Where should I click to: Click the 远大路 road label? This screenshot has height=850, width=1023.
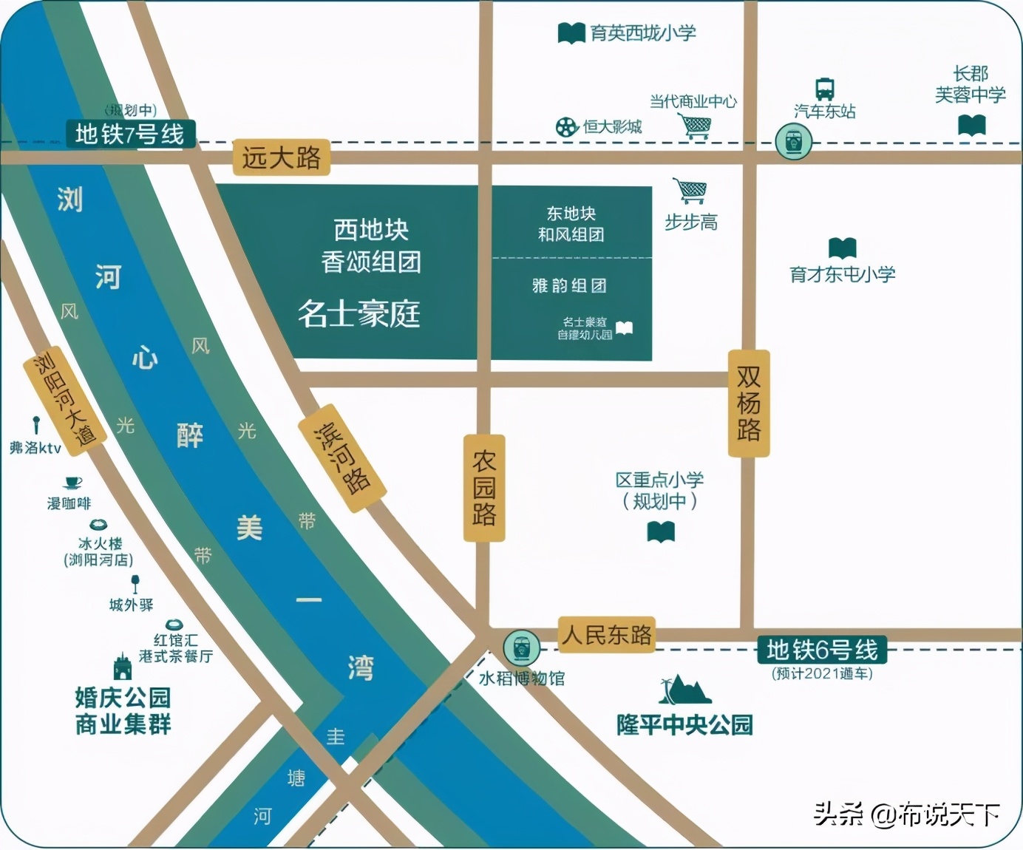point(281,157)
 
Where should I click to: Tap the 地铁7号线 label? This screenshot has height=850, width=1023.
point(129,135)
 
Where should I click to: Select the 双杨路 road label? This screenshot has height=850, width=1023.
point(749,403)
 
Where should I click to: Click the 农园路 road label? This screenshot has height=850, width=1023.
point(484,488)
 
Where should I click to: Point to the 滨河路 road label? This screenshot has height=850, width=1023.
point(341,458)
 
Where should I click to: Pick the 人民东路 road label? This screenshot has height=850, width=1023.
point(606,635)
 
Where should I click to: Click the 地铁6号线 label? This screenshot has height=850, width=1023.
point(822,650)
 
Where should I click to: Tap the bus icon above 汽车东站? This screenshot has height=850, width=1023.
point(825,89)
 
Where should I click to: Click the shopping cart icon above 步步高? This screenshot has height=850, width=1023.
point(690,191)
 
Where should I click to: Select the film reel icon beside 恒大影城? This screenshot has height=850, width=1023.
point(567,127)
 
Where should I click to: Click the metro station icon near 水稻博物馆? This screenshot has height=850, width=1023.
point(521,647)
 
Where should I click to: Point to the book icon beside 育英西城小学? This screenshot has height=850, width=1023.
point(571,33)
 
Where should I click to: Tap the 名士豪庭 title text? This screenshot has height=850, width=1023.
point(359,313)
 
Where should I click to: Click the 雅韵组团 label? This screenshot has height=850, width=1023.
point(569,286)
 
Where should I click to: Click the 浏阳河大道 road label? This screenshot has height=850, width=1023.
point(65,399)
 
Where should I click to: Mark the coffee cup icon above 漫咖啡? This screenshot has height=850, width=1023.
point(72,483)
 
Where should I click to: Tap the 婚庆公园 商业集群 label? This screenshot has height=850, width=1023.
point(123,710)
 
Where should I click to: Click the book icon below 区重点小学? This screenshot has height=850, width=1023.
point(661,531)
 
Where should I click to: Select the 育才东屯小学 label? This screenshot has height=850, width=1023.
point(843,275)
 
